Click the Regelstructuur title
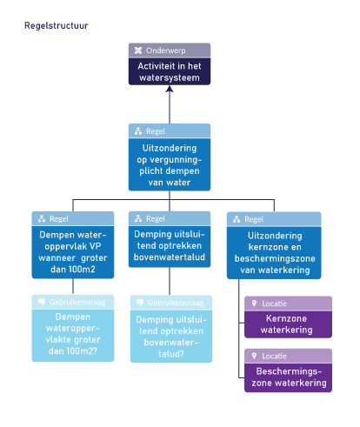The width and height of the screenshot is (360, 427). click(x=56, y=25)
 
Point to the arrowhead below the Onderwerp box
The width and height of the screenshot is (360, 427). click(x=170, y=90)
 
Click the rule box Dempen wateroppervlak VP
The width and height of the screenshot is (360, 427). click(x=72, y=245)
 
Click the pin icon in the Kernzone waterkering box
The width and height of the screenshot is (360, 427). click(x=253, y=304)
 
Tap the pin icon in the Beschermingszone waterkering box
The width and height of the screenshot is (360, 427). click(x=253, y=357)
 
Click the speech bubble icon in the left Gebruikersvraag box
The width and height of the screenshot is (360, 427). click(x=41, y=302)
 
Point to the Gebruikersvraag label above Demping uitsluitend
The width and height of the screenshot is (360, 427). click(x=176, y=303)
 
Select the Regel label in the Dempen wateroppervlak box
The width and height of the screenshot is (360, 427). click(x=58, y=219)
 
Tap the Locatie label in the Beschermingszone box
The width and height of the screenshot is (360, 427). click(x=274, y=357)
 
